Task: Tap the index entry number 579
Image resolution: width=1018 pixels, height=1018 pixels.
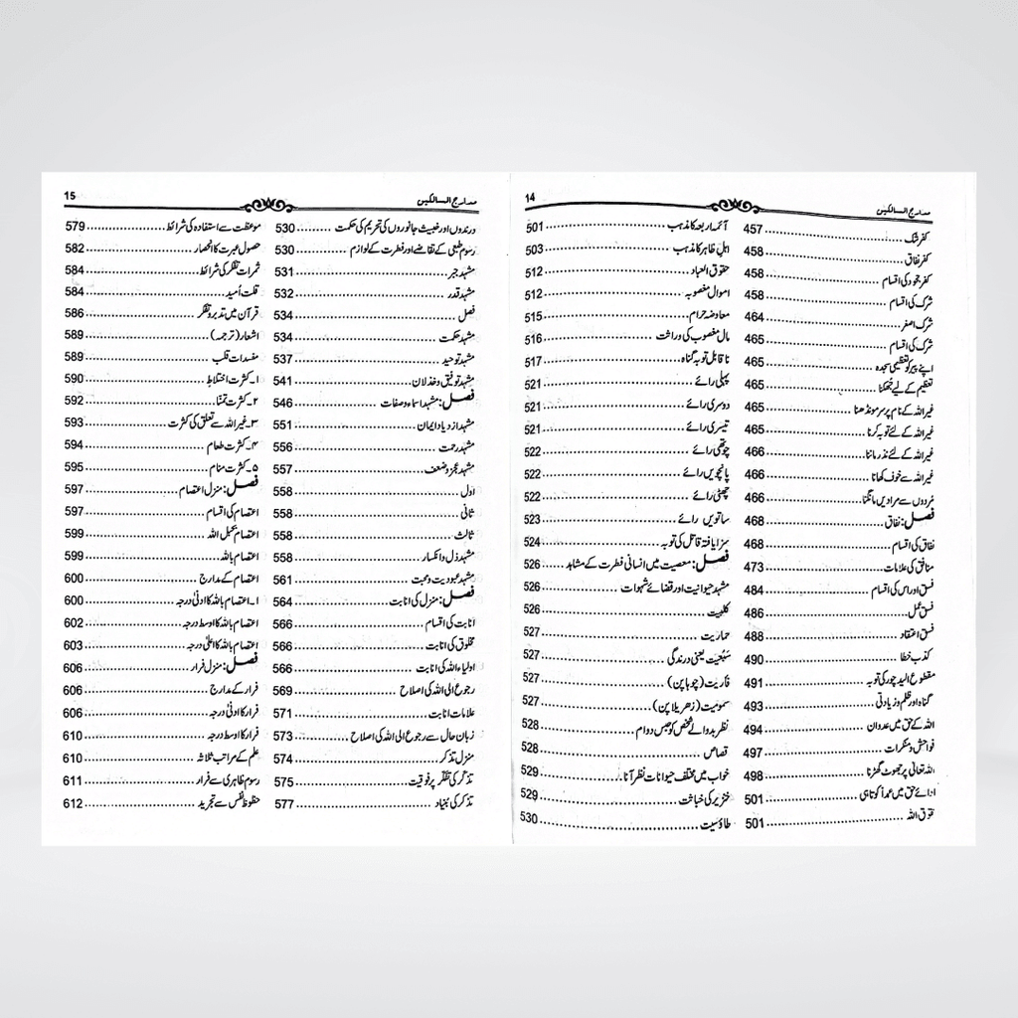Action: tap(76, 227)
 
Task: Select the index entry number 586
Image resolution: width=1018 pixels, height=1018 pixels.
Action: tap(76, 313)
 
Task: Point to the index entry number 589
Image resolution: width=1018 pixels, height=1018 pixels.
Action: tap(76, 357)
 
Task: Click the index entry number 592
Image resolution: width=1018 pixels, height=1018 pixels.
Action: tap(76, 401)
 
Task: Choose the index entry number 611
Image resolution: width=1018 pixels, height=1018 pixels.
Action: tap(76, 779)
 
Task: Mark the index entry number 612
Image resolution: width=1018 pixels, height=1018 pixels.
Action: tap(76, 802)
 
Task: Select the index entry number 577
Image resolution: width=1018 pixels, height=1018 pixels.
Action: tap(285, 803)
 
